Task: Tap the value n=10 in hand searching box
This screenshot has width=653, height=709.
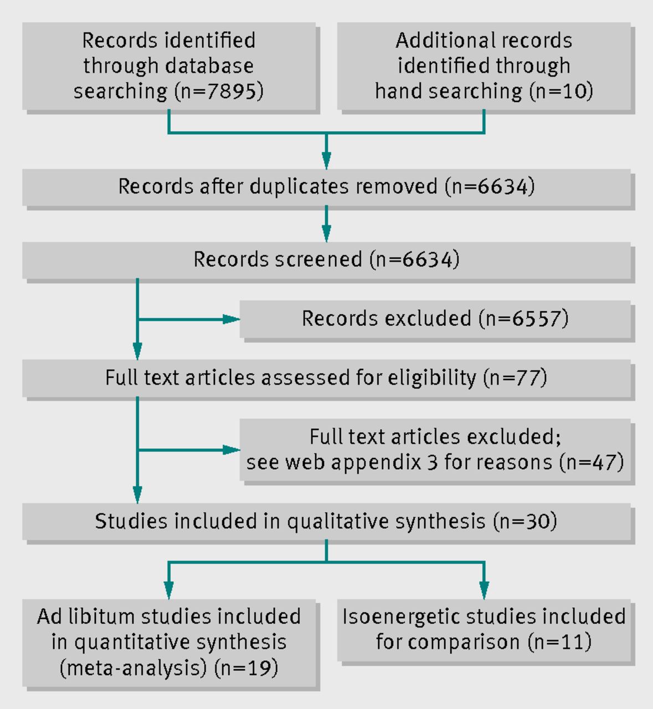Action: click(561, 91)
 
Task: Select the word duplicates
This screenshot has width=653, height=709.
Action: click(299, 186)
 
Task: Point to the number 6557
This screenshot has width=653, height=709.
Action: click(536, 318)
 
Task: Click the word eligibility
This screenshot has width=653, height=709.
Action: click(432, 377)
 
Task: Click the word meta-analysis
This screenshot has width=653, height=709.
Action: click(133, 668)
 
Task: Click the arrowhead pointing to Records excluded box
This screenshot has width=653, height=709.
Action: click(231, 319)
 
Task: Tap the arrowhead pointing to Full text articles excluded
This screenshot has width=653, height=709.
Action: click(231, 450)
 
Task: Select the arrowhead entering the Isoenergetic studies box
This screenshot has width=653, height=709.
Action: click(484, 590)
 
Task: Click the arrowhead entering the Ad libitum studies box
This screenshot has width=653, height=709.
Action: click(168, 590)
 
